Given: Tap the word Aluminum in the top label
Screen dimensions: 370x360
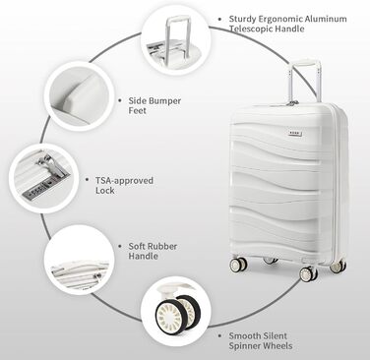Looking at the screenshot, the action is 326,19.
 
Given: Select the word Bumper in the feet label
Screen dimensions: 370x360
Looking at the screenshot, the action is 165,101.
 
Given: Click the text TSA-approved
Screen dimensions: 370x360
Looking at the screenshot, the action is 124,181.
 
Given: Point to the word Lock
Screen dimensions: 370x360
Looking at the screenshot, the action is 105,191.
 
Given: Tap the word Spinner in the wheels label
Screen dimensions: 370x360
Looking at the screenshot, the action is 245,346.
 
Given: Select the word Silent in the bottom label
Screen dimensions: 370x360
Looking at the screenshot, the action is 274,336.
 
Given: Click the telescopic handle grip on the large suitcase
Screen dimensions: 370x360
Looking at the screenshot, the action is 304,62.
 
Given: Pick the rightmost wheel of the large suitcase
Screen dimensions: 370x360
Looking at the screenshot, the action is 338,267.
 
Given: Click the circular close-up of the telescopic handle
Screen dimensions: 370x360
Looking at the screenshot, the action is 175,41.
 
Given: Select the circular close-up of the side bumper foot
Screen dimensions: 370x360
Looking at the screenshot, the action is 77,97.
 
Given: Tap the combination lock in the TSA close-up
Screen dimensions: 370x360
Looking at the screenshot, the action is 38,192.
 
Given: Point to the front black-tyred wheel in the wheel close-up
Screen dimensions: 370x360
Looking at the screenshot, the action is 168,316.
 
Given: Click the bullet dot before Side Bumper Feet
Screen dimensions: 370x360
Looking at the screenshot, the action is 120,100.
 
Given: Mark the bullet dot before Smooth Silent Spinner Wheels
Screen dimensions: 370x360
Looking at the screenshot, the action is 219,336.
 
